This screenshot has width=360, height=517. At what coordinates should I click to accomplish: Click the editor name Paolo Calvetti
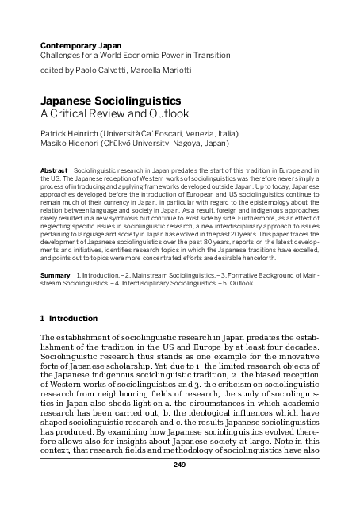(107, 71)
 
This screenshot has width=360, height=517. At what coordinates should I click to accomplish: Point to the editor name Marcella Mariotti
(162, 71)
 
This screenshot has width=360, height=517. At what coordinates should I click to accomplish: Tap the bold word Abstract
(53, 170)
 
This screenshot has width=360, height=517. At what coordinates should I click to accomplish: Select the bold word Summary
(54, 273)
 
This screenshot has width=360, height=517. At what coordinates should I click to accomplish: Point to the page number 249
(179, 487)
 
